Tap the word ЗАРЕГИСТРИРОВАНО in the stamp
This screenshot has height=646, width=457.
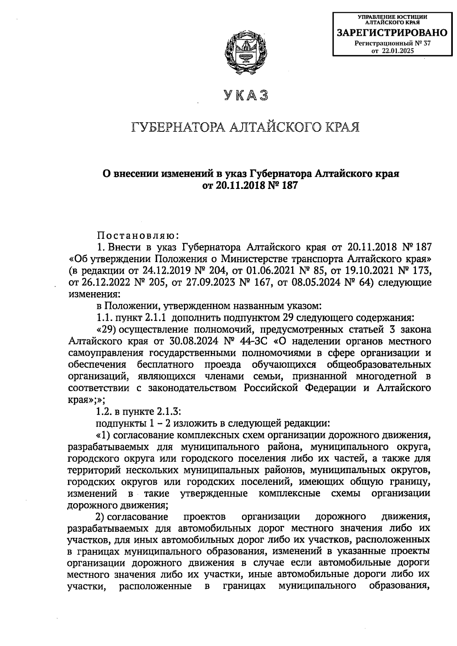click(x=393, y=33)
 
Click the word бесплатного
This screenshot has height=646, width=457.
click(x=165, y=364)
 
